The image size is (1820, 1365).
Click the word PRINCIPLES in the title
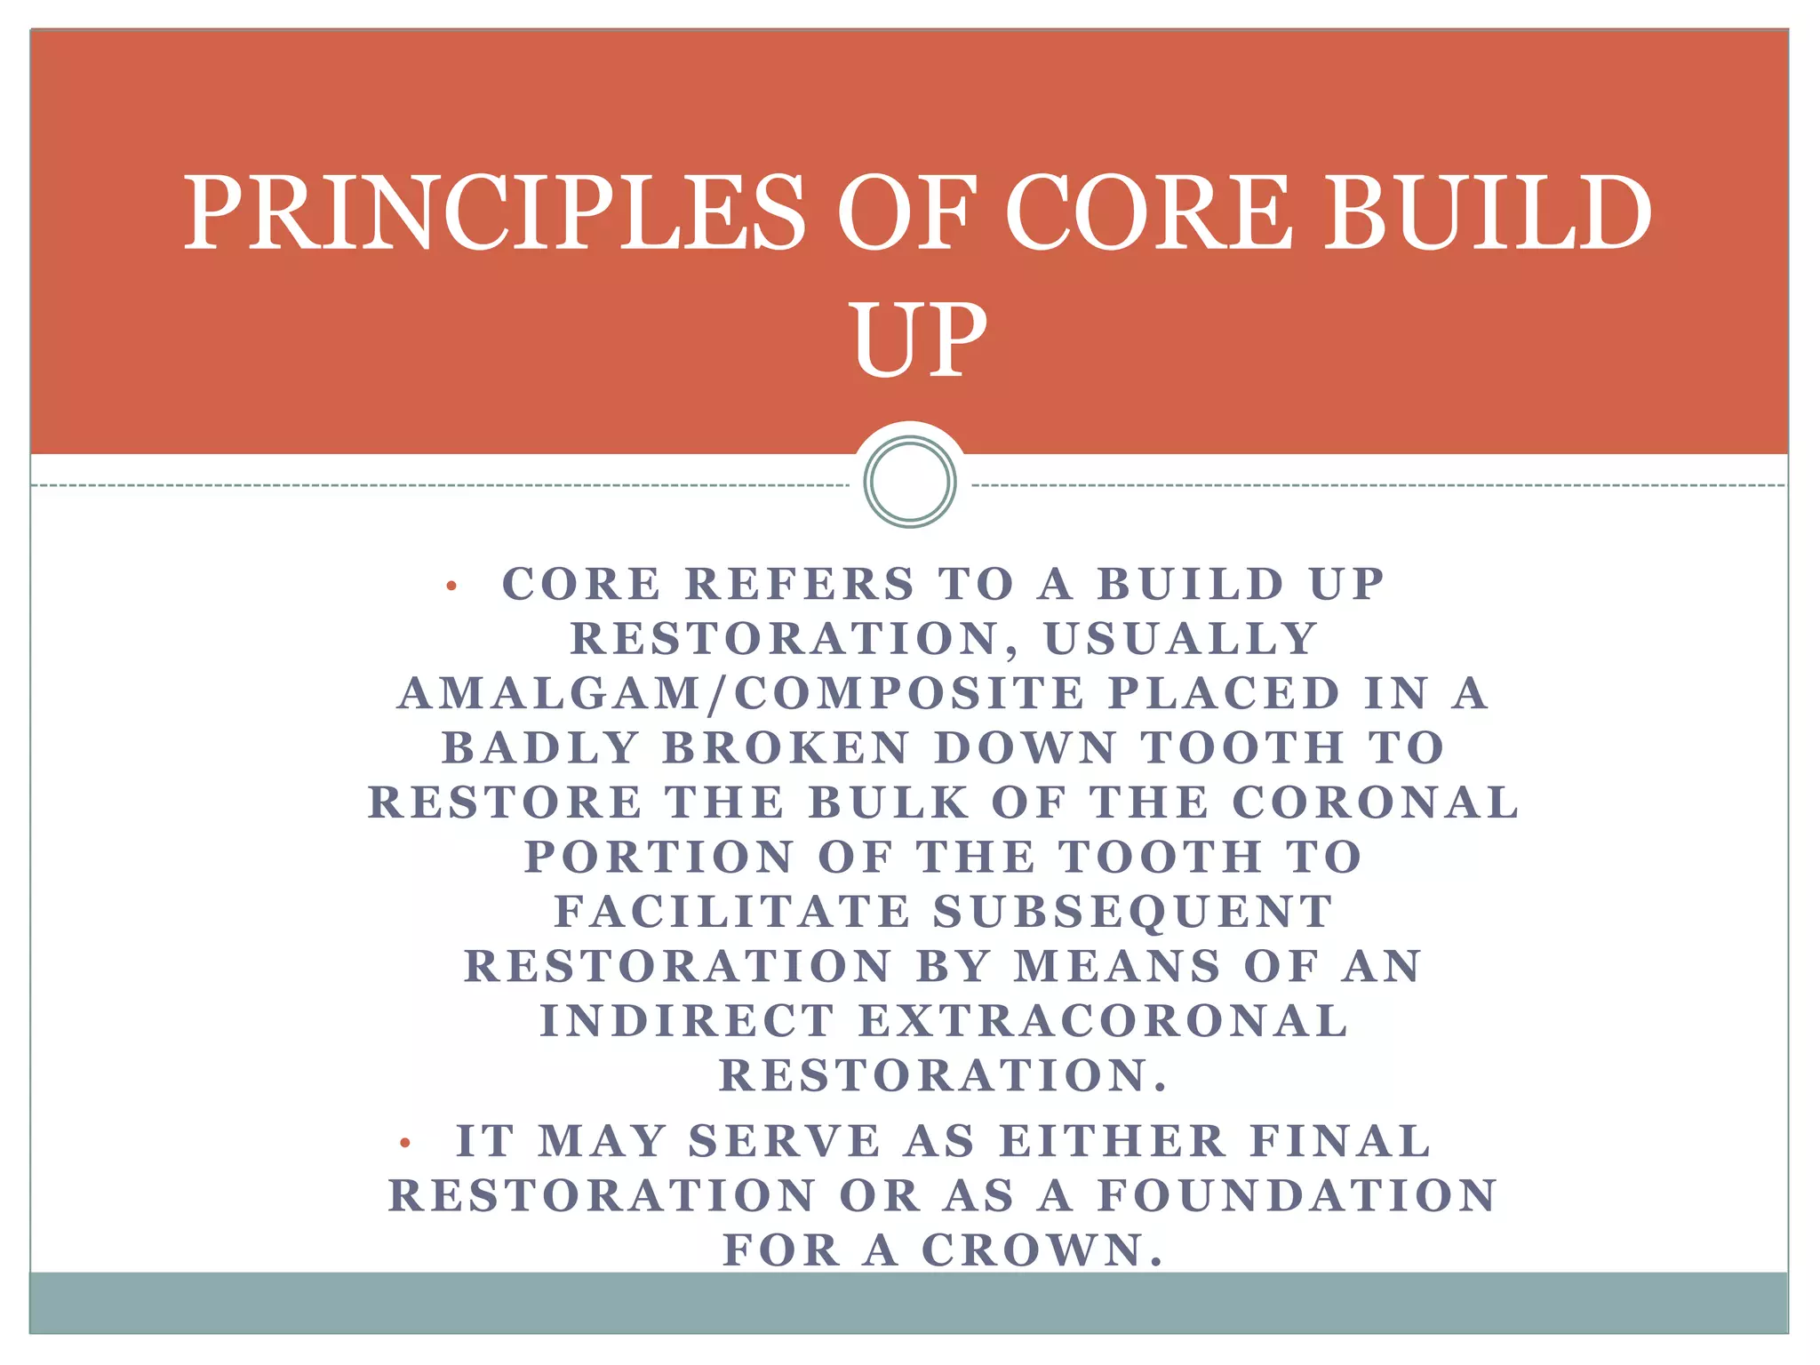(494, 213)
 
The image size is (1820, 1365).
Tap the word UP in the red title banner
(920, 339)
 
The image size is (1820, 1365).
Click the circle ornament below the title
(910, 481)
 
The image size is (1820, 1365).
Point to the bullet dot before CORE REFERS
(451, 586)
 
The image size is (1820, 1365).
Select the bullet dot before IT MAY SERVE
(405, 1143)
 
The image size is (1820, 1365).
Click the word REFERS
(800, 585)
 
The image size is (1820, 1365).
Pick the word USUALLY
(1181, 639)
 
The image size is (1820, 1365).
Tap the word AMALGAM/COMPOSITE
(741, 694)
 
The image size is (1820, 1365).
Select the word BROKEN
(786, 748)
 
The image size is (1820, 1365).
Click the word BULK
(888, 803)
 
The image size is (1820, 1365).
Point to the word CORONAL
(1375, 803)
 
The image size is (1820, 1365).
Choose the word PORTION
(659, 858)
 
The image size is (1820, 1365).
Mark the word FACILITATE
(733, 913)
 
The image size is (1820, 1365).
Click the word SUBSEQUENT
(1132, 913)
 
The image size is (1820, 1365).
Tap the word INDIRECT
(688, 1021)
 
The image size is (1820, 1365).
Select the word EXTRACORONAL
(1103, 1021)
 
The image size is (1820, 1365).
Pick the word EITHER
(1112, 1142)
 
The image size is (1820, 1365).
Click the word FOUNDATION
(1297, 1196)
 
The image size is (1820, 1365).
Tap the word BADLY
(540, 748)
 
